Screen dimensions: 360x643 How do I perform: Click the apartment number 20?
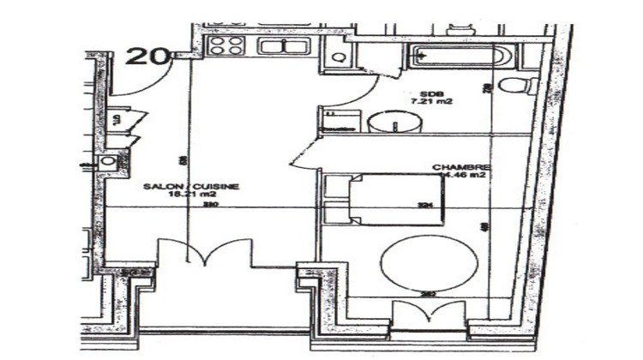pyautogui.click(x=147, y=56)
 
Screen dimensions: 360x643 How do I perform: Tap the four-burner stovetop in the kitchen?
pyautogui.click(x=226, y=46)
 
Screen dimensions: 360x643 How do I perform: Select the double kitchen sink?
pyautogui.click(x=278, y=46)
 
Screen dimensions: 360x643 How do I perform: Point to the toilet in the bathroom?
pyautogui.click(x=516, y=86)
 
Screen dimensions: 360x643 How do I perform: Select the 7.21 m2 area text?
pyautogui.click(x=430, y=102)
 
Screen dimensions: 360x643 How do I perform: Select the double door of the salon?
pyautogui.click(x=202, y=255)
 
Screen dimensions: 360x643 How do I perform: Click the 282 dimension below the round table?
pyautogui.click(x=426, y=296)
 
